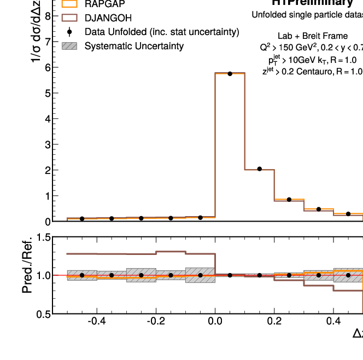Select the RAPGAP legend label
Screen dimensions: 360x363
108,4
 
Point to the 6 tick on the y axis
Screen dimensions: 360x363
48,67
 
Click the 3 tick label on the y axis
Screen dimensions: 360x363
48,144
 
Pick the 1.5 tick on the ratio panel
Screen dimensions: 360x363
43,237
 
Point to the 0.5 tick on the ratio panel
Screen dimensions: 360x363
43,313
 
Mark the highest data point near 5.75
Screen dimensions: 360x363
230,73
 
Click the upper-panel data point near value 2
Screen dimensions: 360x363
259,169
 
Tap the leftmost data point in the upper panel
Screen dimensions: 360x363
82,219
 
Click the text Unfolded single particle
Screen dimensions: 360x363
295,15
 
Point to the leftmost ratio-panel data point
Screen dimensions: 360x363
82,275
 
